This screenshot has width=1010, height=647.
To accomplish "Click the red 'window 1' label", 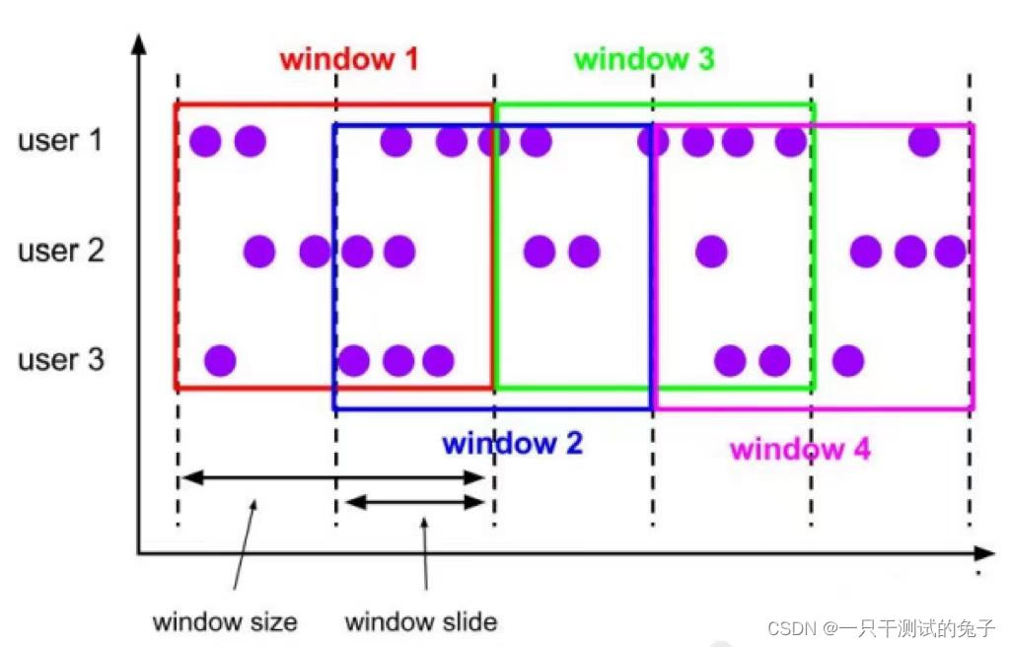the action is click(349, 59).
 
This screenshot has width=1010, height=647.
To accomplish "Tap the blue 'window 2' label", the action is click(513, 444).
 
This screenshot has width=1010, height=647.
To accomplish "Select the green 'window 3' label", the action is click(644, 59).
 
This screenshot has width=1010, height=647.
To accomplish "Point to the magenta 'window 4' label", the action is click(800, 450).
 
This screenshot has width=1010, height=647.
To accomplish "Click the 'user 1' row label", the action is click(60, 140).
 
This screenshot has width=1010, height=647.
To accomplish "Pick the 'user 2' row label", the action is click(60, 251).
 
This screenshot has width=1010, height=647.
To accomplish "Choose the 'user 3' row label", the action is click(60, 359).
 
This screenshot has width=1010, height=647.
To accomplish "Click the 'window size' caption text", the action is click(225, 622).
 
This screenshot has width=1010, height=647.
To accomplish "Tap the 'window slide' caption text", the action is click(421, 622).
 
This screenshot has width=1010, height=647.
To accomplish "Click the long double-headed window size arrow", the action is click(333, 478).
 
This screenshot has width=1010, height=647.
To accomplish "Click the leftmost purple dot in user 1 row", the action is click(206, 142).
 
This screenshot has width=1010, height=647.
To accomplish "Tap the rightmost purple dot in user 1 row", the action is click(924, 142).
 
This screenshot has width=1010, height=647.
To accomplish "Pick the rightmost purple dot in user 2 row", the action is click(950, 252).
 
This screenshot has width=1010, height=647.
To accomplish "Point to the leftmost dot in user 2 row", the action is click(259, 252).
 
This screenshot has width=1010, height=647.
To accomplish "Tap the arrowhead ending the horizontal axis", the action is click(985, 553).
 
